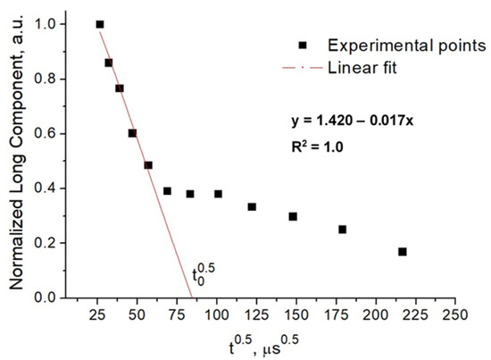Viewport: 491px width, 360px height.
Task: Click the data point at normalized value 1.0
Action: pyautogui.click(x=100, y=24)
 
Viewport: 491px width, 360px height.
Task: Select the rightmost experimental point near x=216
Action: pyautogui.click(x=403, y=252)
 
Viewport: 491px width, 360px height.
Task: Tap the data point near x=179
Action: pyautogui.click(x=342, y=230)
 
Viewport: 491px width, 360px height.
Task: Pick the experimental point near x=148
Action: pyautogui.click(x=293, y=216)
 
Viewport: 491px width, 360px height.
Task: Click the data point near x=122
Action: pyautogui.click(x=252, y=206)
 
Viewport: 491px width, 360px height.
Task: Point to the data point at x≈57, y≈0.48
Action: pyautogui.click(x=148, y=165)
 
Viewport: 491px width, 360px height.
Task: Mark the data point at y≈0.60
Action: pyautogui.click(x=132, y=133)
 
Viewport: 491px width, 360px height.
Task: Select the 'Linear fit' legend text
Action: pyautogui.click(x=362, y=66)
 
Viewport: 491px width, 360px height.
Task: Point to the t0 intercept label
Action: pyautogui.click(x=204, y=273)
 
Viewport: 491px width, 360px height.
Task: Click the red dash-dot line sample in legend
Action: pyautogui.click(x=303, y=66)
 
